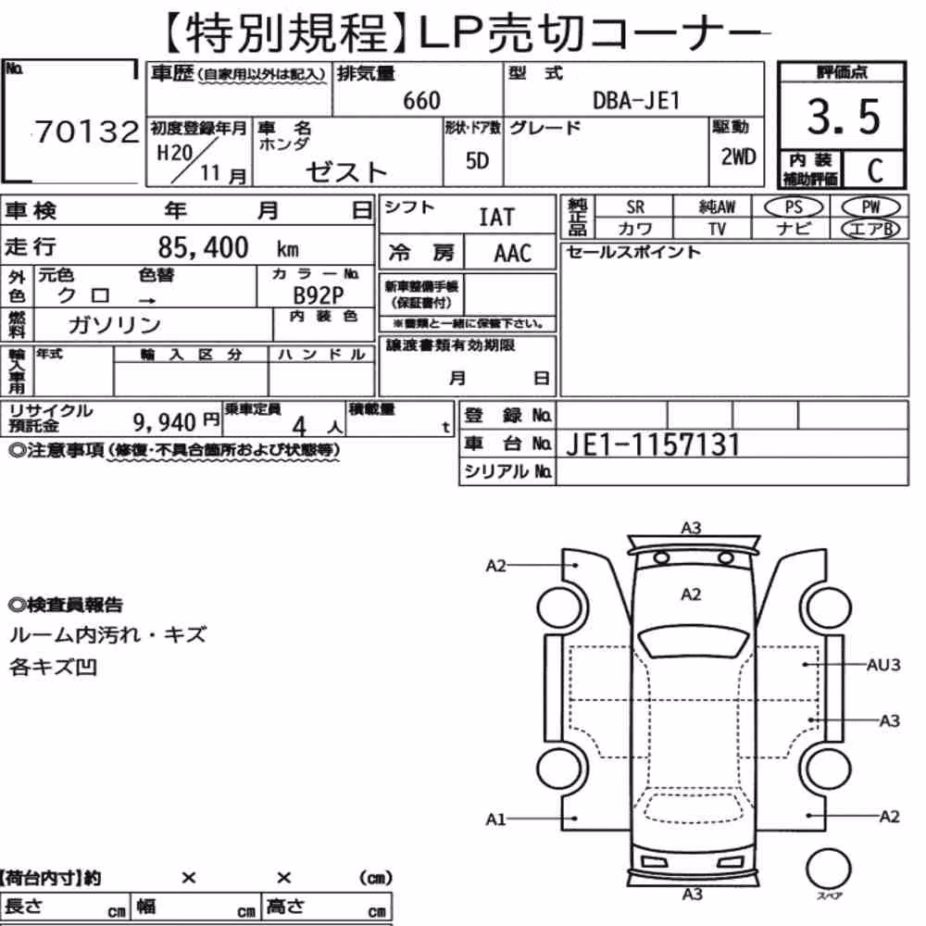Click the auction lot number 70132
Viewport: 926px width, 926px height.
pos(87,131)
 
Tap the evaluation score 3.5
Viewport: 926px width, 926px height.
pos(844,117)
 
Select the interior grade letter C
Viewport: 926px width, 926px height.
pos(875,170)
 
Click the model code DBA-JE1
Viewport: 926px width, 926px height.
pos(636,101)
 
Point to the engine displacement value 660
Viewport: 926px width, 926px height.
pos(421,101)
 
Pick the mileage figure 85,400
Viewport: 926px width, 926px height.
pos(203,247)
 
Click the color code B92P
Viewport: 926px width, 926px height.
pos(319,294)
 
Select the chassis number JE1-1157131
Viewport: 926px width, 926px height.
pos(653,444)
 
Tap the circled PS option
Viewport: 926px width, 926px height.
pos(794,207)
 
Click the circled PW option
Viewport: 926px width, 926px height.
pos(870,207)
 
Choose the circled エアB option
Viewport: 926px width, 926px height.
pos(870,229)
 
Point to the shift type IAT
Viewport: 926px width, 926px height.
pos(496,218)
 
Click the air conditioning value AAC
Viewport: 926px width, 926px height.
pos(513,254)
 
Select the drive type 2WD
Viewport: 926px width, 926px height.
pos(738,157)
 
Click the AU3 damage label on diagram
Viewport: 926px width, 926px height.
pos(882,665)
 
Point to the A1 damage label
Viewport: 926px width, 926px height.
pos(495,820)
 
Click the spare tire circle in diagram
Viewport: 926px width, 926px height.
pos(828,869)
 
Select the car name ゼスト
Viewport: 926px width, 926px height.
pos(346,172)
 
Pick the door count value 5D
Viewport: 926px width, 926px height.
pos(477,160)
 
